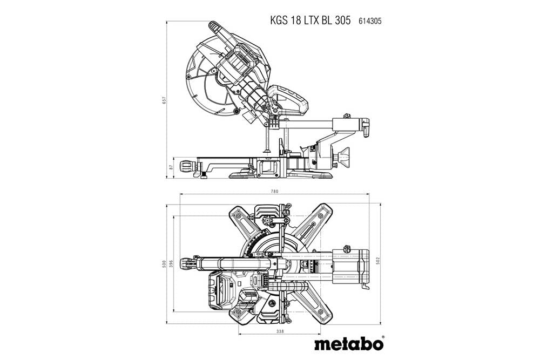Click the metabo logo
349,343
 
